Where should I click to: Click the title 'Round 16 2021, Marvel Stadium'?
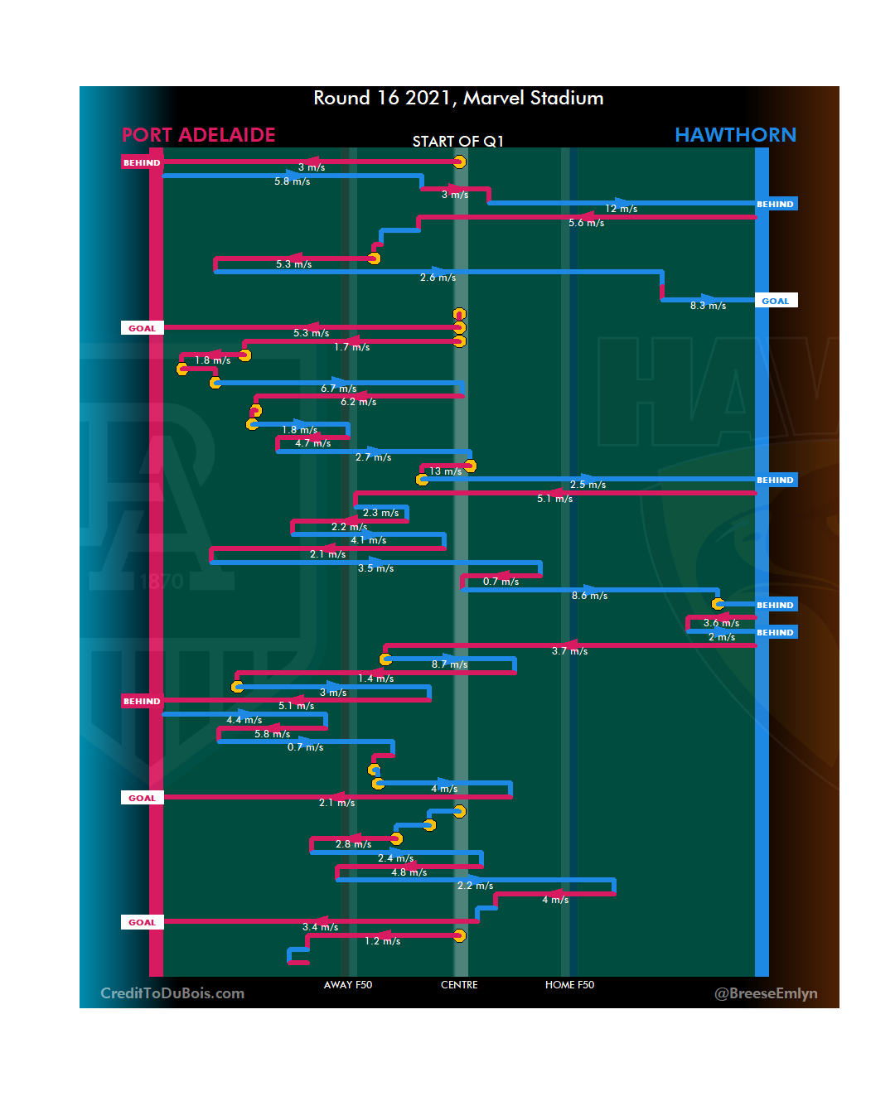(458, 98)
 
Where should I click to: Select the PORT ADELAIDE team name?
(198, 135)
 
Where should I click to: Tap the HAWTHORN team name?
(735, 135)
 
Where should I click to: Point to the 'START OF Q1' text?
(457, 142)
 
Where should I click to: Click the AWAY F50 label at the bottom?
(348, 985)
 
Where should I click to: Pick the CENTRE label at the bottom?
(459, 985)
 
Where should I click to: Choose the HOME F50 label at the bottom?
(569, 985)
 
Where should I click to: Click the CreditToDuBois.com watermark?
(172, 993)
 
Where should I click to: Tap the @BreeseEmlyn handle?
(766, 993)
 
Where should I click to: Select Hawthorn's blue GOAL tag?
(776, 301)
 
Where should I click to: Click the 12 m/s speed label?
(621, 209)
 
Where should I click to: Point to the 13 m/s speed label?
(445, 471)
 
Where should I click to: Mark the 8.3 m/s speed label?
(708, 306)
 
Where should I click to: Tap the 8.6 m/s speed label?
(589, 596)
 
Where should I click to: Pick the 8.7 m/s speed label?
(449, 664)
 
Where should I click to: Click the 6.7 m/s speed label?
(338, 389)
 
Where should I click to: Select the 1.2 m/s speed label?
(382, 941)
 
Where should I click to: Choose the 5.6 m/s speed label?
(586, 223)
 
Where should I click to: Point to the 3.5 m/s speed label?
(375, 568)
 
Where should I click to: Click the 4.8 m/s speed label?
(409, 872)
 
